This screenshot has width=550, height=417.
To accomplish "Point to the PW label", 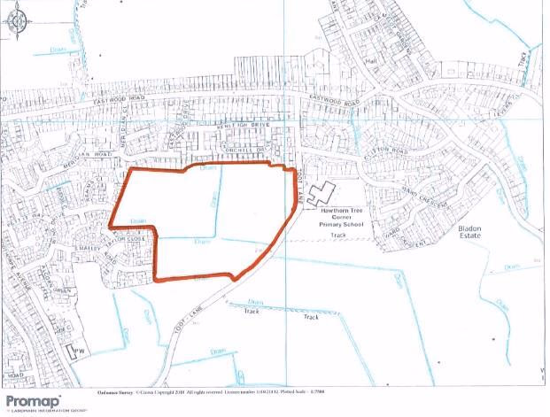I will pyautogui.click(x=81, y=353).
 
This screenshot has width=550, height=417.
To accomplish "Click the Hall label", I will pyautogui.click(x=371, y=62).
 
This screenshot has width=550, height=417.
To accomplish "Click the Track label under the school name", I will pyautogui.click(x=337, y=236).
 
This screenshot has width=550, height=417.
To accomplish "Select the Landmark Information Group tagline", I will pyautogui.click(x=39, y=410).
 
